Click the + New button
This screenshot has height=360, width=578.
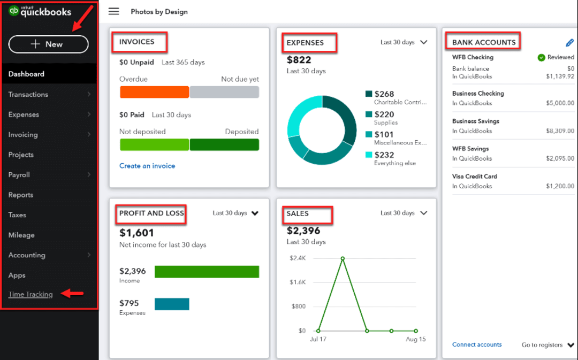click(x=48, y=44)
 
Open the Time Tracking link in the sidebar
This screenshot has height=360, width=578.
click(x=31, y=294)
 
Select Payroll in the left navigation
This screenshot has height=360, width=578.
click(x=19, y=175)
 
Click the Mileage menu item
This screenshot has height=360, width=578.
click(x=21, y=235)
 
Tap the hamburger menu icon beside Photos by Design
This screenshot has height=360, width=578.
click(x=113, y=11)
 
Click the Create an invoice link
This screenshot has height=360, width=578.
click(x=147, y=166)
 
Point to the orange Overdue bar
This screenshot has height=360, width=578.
click(x=154, y=92)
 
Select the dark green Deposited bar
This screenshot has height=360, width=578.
click(x=224, y=144)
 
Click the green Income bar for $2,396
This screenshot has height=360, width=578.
click(x=207, y=272)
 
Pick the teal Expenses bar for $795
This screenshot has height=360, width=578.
click(x=172, y=304)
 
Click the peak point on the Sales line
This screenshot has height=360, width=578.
click(x=343, y=258)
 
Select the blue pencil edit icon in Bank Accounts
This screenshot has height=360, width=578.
click(x=569, y=43)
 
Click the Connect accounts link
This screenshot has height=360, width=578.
click(x=477, y=344)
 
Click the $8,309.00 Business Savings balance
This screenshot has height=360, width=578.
click(x=560, y=131)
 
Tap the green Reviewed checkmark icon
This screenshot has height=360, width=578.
click(x=541, y=57)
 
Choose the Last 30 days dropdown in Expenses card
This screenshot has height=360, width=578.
click(x=404, y=42)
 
